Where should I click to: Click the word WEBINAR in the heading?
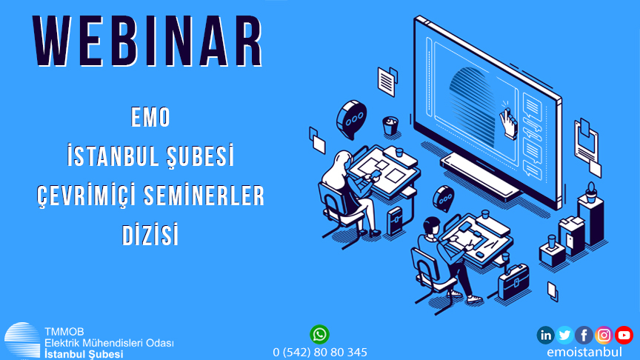147,41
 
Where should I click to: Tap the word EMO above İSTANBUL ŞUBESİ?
150,117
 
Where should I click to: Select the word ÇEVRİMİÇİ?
87,196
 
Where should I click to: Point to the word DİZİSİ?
150,234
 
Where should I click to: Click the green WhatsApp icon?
319,335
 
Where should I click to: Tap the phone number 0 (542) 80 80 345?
319,353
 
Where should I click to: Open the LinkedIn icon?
545,335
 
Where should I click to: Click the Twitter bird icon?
564,335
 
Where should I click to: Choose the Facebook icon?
584,335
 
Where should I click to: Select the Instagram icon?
604,335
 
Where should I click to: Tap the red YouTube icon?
624,335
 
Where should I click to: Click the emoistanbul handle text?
584,352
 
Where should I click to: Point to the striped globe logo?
22,341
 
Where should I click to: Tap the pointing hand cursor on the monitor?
508,122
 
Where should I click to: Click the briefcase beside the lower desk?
513,282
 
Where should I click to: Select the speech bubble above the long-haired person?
351,119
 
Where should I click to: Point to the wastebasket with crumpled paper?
390,126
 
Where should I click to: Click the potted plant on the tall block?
591,193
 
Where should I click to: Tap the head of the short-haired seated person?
432,226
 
